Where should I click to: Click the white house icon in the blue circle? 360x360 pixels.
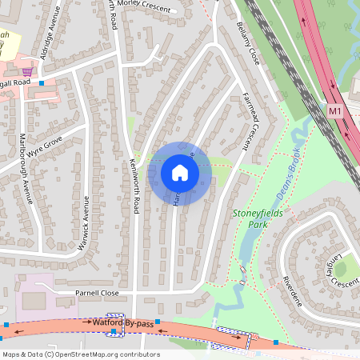180,173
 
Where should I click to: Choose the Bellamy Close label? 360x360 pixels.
249,43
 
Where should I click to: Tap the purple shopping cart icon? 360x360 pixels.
28,70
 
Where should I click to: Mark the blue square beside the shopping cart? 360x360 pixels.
42,82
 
